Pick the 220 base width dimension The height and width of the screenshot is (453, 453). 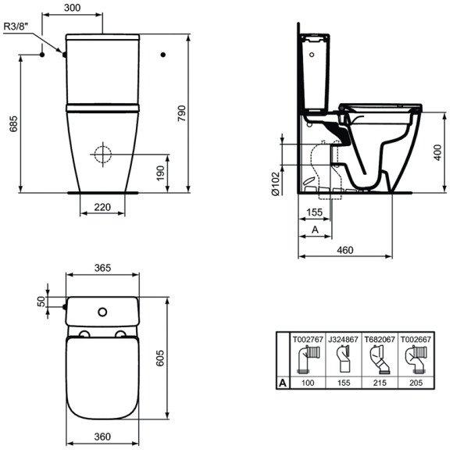point(103,207)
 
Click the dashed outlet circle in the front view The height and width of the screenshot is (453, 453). point(102,153)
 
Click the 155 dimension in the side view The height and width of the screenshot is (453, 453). point(315,212)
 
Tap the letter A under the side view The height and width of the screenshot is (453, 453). point(315,230)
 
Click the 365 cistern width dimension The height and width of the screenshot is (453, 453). point(102,267)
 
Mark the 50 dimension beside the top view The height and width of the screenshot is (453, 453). point(41,301)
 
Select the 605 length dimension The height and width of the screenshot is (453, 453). point(179,357)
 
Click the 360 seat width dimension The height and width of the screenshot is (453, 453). point(102,437)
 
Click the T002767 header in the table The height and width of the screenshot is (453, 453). point(306,340)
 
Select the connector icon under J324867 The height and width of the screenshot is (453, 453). point(342,360)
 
